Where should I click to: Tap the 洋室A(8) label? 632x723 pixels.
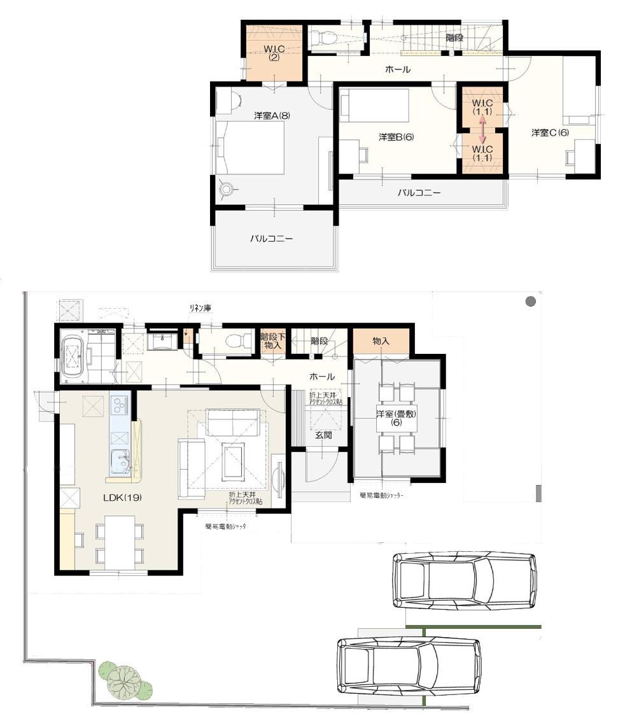click(272, 115)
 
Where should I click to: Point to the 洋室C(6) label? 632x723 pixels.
click(551, 132)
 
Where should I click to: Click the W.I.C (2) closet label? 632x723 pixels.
click(274, 53)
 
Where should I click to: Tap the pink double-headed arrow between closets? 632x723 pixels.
click(482, 130)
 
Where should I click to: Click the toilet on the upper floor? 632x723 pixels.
click(325, 38)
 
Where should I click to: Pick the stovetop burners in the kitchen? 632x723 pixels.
click(119, 404)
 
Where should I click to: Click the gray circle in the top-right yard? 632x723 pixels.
click(530, 301)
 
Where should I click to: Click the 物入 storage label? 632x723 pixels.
click(381, 342)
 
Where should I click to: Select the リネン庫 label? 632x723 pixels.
click(200, 308)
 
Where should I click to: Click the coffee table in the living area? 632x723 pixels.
click(234, 461)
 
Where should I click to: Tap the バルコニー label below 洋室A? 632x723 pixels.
click(271, 239)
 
